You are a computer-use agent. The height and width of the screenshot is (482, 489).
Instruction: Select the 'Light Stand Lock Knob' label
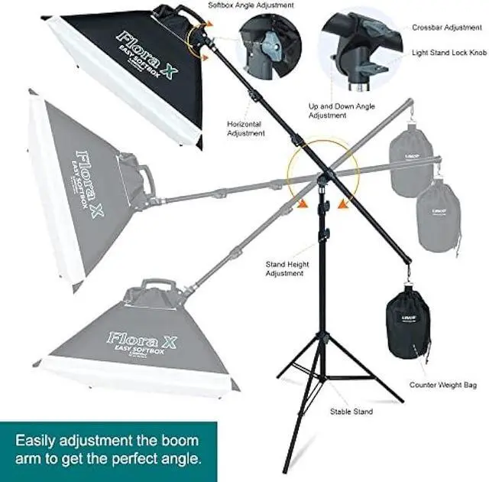449,53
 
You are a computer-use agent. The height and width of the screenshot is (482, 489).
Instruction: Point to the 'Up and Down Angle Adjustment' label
338,111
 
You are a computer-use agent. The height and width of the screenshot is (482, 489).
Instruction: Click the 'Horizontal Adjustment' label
245,128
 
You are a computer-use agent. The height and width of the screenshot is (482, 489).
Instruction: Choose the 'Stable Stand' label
352,412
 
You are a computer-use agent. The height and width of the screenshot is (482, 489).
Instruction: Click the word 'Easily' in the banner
39,441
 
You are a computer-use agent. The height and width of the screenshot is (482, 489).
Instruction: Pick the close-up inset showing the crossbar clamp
360,50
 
